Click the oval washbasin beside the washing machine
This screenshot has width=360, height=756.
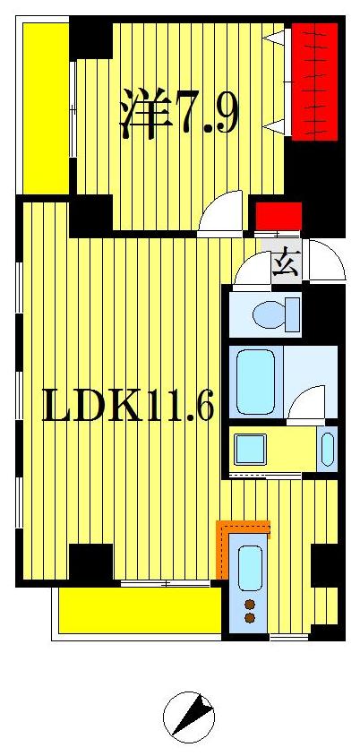point(327,448)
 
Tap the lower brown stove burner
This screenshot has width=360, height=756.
point(250,617)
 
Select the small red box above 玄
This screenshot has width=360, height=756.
point(279,215)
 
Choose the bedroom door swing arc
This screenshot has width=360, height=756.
point(220,212)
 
